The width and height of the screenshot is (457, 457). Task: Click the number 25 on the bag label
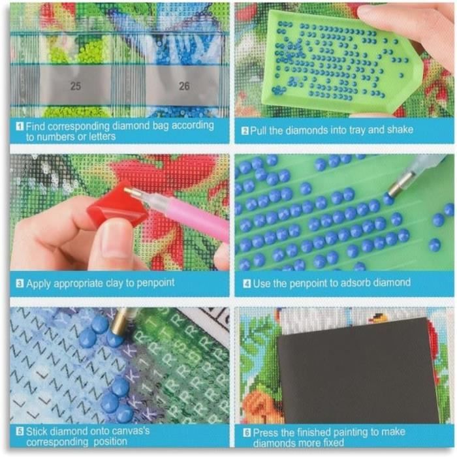[76, 86]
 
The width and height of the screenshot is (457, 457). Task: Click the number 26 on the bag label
[184, 86]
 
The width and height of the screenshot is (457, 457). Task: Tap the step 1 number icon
[20, 127]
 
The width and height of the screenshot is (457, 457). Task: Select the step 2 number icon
[245, 131]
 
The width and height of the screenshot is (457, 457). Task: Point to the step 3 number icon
[20, 283]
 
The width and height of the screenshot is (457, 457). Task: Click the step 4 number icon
[247, 283]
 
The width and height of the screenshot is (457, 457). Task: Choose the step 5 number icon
[20, 432]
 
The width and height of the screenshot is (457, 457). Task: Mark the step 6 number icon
[247, 433]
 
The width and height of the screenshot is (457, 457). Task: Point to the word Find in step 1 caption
[35, 127]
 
